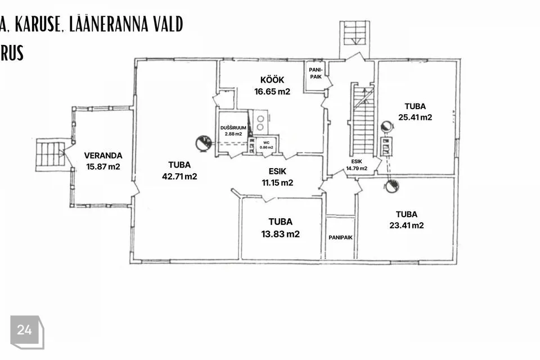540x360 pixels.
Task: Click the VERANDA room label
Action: (x=103, y=156)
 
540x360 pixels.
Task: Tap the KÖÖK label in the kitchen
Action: (x=272, y=80)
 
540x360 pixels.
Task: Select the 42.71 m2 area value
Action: (x=179, y=177)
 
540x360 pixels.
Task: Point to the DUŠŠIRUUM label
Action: (x=233, y=128)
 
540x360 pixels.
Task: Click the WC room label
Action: (x=266, y=143)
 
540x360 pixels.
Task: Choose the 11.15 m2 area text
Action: (x=277, y=183)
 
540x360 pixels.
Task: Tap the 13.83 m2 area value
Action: (x=280, y=234)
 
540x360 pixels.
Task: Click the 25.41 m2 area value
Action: (x=415, y=117)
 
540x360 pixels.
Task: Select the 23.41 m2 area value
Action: (x=406, y=226)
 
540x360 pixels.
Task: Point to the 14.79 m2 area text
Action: (x=357, y=168)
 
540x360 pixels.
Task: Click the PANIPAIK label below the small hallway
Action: (x=340, y=238)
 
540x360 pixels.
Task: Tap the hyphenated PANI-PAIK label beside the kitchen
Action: (x=316, y=73)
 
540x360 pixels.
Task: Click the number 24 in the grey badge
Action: (x=24, y=330)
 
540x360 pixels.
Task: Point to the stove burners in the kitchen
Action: (x=260, y=123)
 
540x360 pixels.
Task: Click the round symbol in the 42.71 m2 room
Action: (x=203, y=143)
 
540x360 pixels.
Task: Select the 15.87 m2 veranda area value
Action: (x=103, y=166)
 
